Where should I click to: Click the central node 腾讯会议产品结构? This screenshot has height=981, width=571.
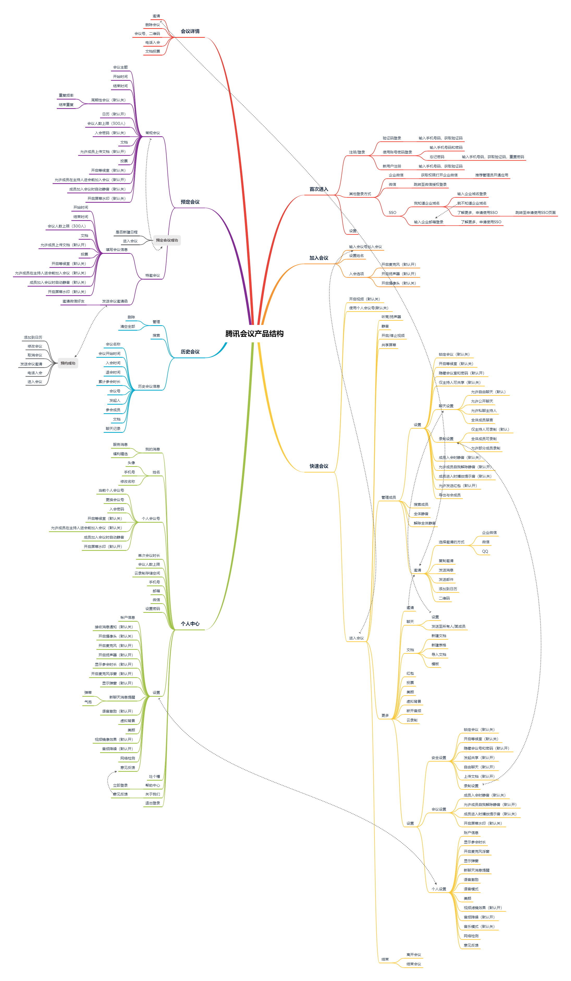tap(254, 334)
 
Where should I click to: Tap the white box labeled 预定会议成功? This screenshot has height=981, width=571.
tap(167, 240)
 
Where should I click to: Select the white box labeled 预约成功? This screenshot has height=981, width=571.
tap(68, 363)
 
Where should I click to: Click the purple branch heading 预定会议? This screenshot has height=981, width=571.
tap(190, 202)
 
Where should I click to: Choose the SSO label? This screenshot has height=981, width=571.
tap(392, 213)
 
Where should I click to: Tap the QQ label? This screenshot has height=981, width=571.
tap(485, 551)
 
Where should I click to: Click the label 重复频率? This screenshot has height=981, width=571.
tap(66, 95)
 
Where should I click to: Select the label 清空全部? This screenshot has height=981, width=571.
tap(128, 327)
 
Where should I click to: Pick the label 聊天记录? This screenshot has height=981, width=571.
tap(113, 429)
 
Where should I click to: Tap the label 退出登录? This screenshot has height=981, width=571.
tap(152, 803)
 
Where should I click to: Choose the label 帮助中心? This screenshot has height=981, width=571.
tap(152, 785)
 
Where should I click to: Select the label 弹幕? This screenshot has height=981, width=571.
tap(88, 693)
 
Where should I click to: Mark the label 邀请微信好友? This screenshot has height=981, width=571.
tap(73, 301)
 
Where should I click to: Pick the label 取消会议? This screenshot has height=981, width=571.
tap(35, 355)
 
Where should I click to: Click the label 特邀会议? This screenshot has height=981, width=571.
tap(152, 275)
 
